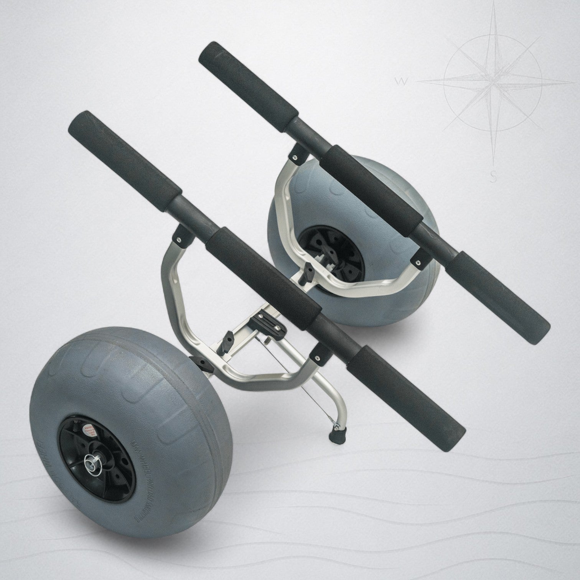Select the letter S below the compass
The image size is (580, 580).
tap(494, 178)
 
